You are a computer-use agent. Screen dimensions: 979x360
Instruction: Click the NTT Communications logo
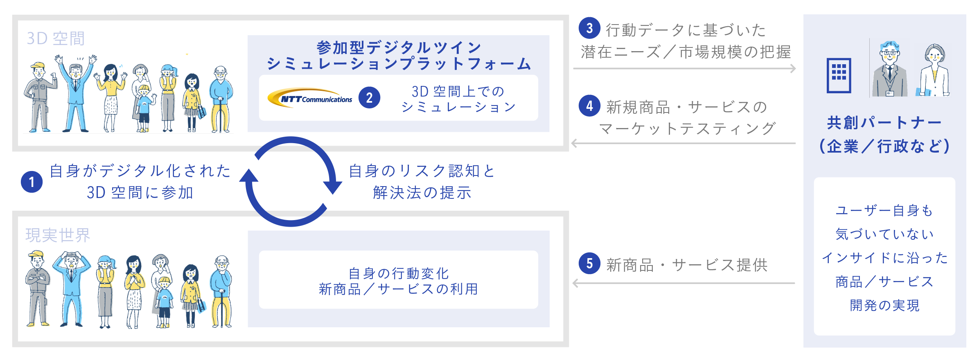click(x=310, y=98)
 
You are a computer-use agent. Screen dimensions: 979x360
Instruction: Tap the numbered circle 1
click(x=32, y=182)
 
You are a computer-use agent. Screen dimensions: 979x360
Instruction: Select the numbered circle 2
click(x=369, y=98)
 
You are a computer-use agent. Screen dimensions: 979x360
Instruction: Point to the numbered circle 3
click(x=589, y=28)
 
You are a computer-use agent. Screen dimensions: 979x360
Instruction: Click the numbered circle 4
click(x=589, y=106)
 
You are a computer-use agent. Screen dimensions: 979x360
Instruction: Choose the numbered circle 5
click(x=589, y=263)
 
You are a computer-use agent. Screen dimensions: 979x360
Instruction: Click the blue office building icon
click(x=839, y=76)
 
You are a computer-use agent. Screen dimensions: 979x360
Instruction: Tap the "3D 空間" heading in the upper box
click(x=56, y=38)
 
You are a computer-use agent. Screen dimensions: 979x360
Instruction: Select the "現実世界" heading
click(x=58, y=235)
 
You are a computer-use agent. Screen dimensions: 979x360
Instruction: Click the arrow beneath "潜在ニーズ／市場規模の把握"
click(x=684, y=68)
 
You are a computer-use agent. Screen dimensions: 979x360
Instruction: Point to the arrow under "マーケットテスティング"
click(x=683, y=143)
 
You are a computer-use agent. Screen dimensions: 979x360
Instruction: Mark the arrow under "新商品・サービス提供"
click(x=683, y=283)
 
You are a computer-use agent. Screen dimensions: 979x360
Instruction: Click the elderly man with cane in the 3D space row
click(x=221, y=99)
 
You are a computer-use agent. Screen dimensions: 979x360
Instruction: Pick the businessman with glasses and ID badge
click(x=889, y=69)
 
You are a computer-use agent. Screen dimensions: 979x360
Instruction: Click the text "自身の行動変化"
click(x=399, y=273)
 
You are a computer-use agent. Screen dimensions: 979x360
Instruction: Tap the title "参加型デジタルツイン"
click(x=399, y=47)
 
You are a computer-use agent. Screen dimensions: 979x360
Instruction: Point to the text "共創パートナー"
click(x=884, y=122)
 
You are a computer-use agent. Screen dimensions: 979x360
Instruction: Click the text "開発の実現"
click(x=884, y=305)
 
